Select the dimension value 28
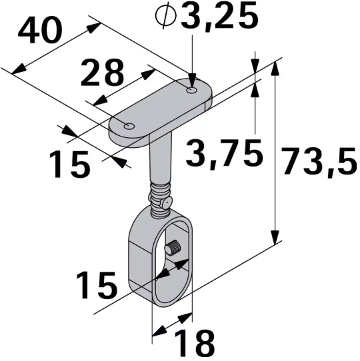pos(102,73)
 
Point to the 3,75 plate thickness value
pos(223,154)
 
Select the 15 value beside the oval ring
pos(96,285)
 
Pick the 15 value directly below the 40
pos(69,164)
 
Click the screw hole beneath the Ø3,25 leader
pos(193,89)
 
